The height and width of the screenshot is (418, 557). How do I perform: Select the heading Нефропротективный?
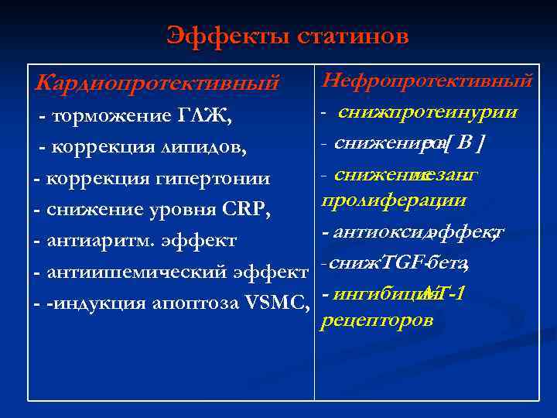pyautogui.click(x=427, y=80)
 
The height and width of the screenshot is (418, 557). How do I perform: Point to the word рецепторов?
pyautogui.click(x=376, y=320)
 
